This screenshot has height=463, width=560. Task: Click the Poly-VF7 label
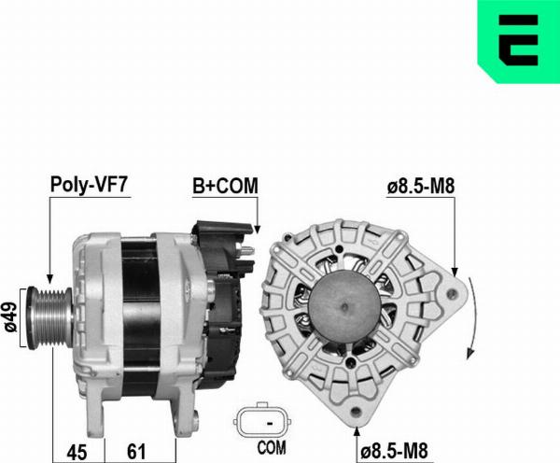pos(89,185)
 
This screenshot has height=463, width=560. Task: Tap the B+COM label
pos(225,185)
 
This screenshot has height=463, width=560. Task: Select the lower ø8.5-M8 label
pos(404,451)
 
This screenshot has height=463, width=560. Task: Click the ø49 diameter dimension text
pos(10,317)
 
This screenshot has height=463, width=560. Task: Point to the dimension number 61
pos(136,451)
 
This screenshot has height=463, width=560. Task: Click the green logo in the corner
pos(518,43)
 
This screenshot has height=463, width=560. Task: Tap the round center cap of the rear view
pos(347,314)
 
